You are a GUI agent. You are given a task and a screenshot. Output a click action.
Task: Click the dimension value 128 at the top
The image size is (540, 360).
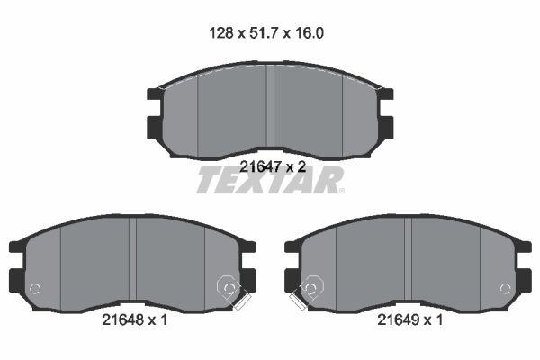221,33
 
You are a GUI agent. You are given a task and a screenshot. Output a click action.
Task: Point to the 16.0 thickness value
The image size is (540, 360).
310,33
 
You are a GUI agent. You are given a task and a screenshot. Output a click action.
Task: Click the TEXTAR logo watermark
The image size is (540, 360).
270,180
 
